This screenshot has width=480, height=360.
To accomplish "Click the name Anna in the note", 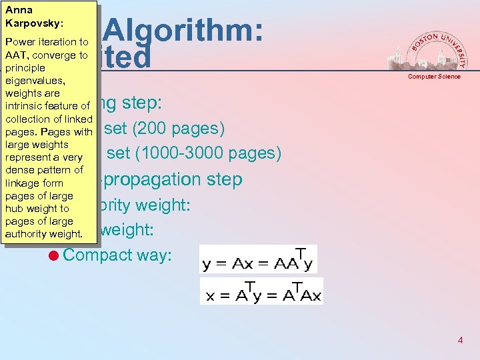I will [18, 10].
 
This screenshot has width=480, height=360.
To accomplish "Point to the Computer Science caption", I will [434, 77].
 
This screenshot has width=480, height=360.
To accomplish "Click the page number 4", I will [460, 341].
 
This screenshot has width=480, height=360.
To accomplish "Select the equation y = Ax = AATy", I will [257, 261].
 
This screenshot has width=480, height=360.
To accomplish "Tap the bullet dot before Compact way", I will [55, 255].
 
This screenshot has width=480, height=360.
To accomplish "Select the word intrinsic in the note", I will [26, 106].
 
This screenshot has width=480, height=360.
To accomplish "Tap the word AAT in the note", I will [15, 55].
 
